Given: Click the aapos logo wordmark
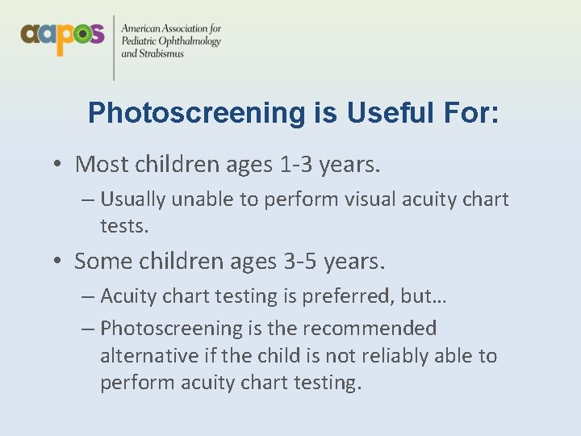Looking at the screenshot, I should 62,36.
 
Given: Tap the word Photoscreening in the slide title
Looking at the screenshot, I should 197,113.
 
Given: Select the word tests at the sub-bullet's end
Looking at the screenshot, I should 123,227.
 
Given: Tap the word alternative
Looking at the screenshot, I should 149,355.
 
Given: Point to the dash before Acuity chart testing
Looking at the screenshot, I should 87,296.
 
